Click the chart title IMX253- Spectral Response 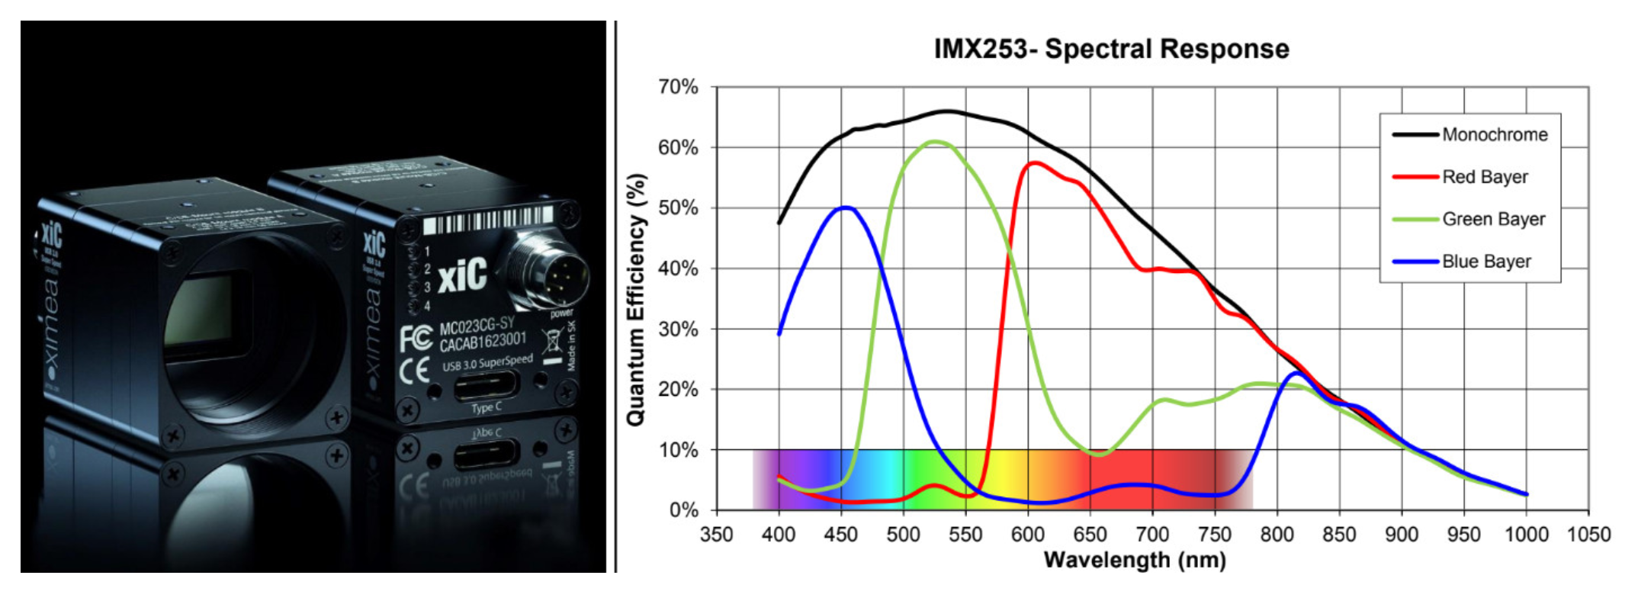(1111, 49)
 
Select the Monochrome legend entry (1494, 135)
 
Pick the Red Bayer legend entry (1484, 177)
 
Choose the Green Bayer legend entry (1492, 220)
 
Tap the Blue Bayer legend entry (1485, 262)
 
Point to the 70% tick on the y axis (678, 87)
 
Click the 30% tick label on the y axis (678, 329)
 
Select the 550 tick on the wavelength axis (965, 534)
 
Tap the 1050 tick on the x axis (1588, 534)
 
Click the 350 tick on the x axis (716, 534)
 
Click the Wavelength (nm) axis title (1134, 561)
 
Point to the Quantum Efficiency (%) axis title (636, 299)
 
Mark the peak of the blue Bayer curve (845, 207)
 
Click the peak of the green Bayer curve (935, 141)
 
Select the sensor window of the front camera (200, 317)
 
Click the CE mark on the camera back (414, 373)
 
